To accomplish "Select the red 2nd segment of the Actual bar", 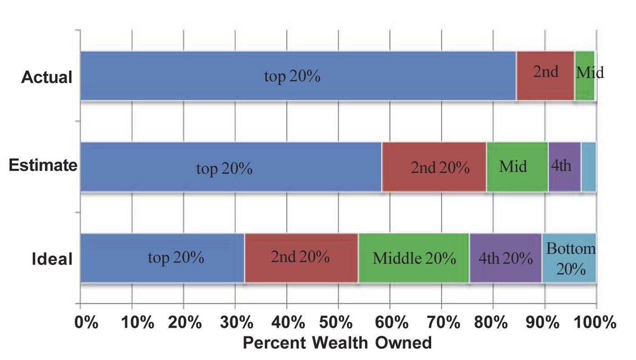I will (x=545, y=76).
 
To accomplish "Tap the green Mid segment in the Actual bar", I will (x=584, y=76).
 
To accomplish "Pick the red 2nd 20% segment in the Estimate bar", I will (x=434, y=167).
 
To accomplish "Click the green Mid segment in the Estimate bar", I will (x=517, y=167).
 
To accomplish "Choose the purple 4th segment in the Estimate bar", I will (x=564, y=167).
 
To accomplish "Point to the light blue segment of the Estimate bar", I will (x=588, y=167).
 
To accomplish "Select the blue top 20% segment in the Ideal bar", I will (x=162, y=258).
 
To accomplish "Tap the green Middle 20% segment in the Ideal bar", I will (x=413, y=258).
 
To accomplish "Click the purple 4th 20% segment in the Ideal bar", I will (x=505, y=258).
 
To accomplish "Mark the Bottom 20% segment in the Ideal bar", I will (x=569, y=258).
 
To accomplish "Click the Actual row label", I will (x=47, y=77).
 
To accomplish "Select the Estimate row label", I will (x=43, y=165).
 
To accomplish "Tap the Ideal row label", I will (x=52, y=259).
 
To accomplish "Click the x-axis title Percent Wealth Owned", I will (x=337, y=343).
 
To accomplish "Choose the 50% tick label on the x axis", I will (x=338, y=323).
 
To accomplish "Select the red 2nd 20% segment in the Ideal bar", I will (x=301, y=258).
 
